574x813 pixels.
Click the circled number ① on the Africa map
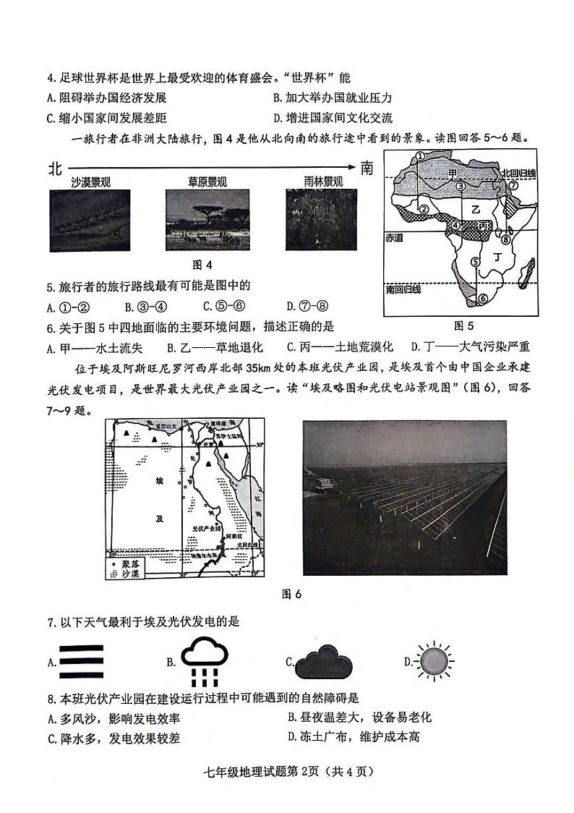point(420,156)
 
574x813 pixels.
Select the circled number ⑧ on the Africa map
point(506,239)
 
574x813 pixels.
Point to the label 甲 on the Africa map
point(453,174)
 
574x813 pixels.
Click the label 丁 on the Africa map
point(495,257)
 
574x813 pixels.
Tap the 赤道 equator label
point(395,236)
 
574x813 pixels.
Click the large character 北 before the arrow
point(54,169)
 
